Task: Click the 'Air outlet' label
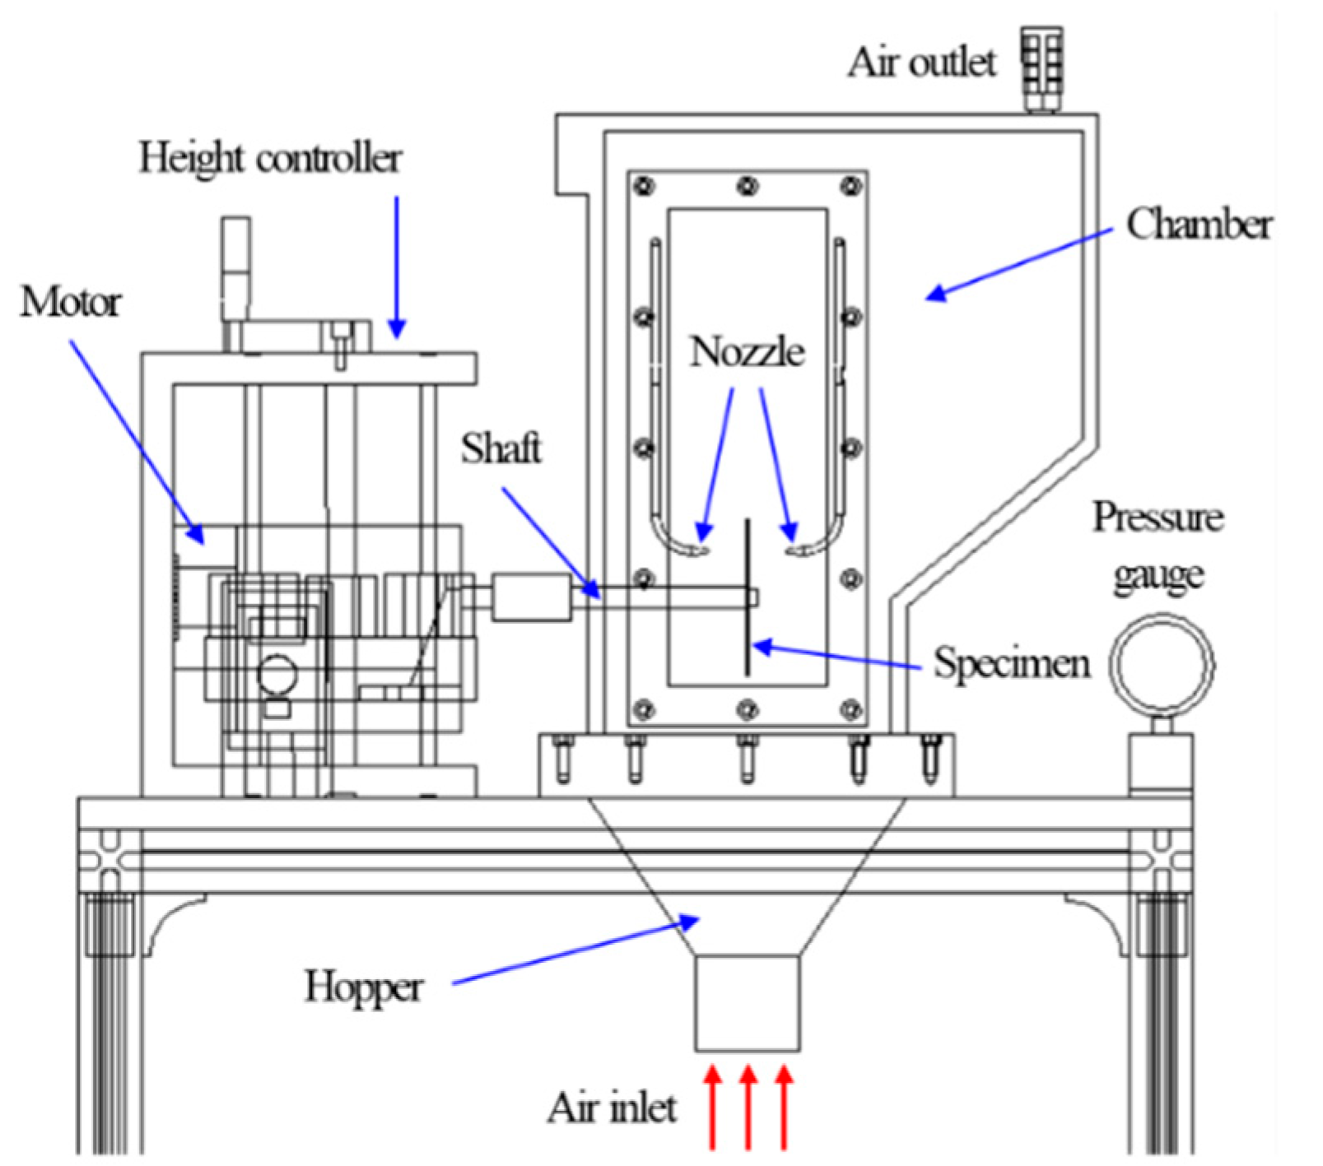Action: click(922, 63)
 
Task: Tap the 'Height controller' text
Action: click(270, 158)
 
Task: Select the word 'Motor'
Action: click(71, 303)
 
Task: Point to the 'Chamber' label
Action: click(1199, 225)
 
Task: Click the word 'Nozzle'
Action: click(747, 352)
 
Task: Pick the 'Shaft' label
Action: click(501, 448)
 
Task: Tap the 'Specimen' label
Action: click(1012, 663)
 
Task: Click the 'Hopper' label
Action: click(364, 987)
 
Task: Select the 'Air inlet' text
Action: click(613, 1108)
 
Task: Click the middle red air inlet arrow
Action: click(748, 1107)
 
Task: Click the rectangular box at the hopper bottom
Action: click(747, 1003)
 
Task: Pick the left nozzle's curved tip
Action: click(696, 549)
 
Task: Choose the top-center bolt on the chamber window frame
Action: click(748, 185)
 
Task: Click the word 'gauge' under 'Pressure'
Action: click(1158, 575)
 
